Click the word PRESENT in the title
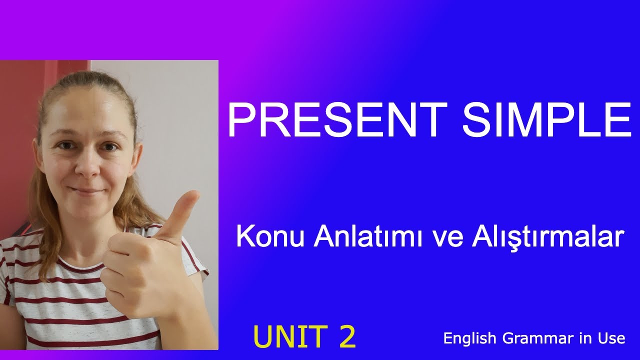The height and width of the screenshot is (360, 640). tap(336, 120)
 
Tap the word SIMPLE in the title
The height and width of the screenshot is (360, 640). tap(546, 120)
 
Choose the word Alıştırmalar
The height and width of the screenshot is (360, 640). tap(547, 236)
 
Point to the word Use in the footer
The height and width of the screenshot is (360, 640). tap(611, 338)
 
